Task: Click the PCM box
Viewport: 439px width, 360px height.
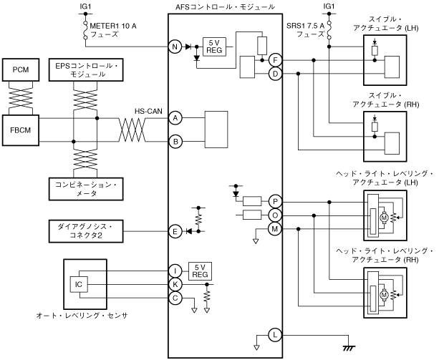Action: (20, 69)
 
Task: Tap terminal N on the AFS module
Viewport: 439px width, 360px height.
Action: (175, 47)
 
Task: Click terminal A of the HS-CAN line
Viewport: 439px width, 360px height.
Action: (175, 117)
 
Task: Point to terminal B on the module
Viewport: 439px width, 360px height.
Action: (175, 142)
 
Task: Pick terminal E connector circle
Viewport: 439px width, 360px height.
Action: (175, 230)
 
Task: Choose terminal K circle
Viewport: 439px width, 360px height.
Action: (175, 283)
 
